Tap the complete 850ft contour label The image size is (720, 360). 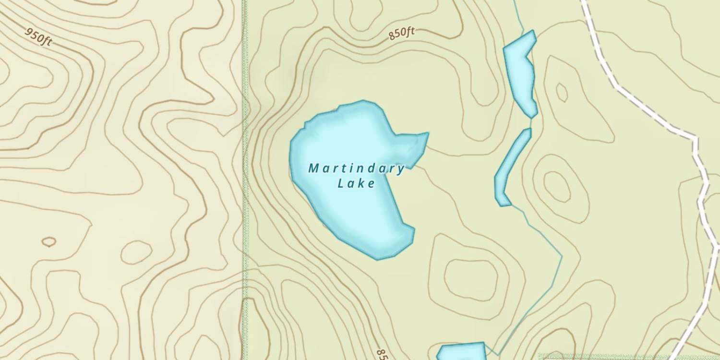click(401, 33)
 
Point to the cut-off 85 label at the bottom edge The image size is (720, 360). click(381, 354)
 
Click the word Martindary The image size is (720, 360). click(356, 168)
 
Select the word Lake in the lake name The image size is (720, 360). click(356, 183)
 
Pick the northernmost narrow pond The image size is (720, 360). click(520, 72)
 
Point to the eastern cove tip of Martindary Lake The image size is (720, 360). click(426, 135)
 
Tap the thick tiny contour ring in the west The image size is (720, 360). click(48, 241)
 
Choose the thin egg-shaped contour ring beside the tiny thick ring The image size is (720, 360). click(136, 252)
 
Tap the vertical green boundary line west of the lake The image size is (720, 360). click(244, 192)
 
